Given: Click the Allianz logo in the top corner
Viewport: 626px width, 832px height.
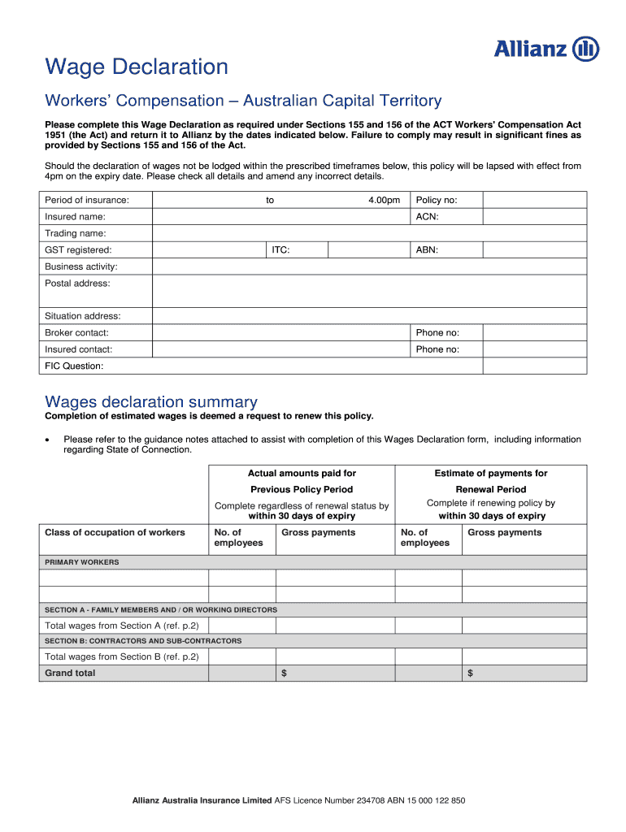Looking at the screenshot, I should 546,50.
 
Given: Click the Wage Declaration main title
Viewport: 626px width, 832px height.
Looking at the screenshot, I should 137,67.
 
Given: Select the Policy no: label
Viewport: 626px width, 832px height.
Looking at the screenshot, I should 437,200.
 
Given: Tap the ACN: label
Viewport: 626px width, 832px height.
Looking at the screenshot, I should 427,217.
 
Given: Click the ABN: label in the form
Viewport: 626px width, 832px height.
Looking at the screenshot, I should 427,250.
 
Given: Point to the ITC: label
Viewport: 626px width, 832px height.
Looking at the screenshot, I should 280,250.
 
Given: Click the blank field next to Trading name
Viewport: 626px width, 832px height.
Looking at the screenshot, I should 370,233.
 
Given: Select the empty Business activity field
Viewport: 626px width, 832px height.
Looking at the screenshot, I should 370,266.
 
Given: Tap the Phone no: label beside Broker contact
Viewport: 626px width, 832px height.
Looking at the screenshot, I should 437,332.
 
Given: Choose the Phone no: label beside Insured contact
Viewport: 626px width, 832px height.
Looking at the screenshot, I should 437,349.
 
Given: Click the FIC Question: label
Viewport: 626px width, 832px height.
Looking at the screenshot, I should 74,366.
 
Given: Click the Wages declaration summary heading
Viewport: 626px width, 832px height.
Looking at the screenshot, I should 151,401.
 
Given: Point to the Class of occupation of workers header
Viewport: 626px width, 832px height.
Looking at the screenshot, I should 115,533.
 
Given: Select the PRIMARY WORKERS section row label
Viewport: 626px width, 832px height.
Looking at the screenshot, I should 81,562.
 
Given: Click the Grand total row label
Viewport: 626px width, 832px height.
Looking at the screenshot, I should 70,673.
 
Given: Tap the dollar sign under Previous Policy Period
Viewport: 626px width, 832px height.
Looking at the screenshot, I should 284,674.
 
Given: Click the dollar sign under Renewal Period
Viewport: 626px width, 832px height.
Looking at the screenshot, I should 471,674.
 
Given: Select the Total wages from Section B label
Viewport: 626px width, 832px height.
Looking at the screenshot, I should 122,656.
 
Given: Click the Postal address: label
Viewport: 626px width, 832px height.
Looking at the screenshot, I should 77,284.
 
